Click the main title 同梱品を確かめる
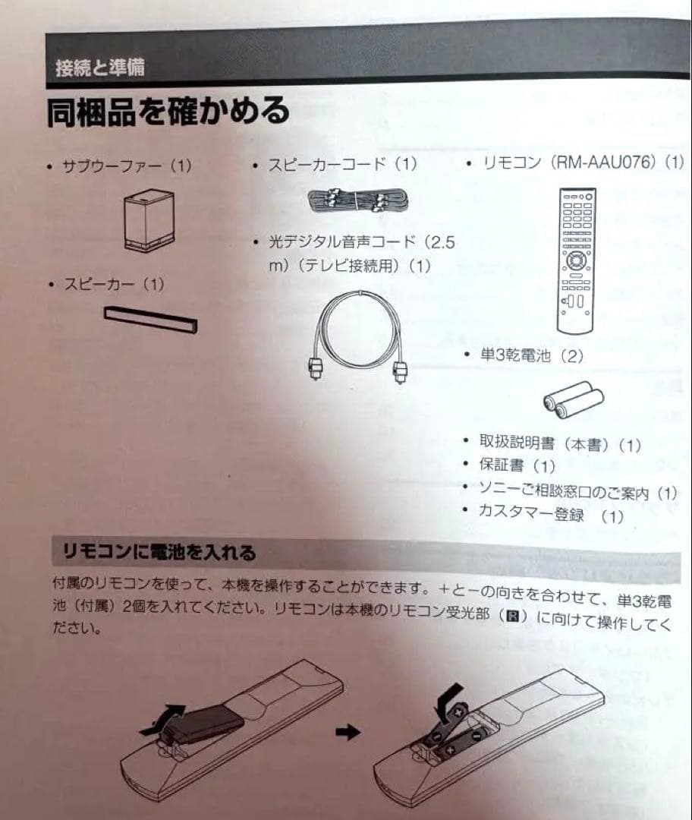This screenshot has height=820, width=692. tap(168, 112)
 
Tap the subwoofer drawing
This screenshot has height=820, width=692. tap(149, 220)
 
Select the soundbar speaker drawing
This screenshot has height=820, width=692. tap(150, 319)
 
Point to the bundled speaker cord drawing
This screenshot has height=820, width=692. tap(358, 200)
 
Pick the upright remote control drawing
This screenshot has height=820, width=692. tap(575, 260)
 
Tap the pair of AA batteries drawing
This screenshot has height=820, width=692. tap(574, 399)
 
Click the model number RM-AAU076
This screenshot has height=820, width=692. tap(605, 162)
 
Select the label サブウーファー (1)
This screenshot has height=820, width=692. tap(127, 166)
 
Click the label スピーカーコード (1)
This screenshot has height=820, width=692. tap(342, 165)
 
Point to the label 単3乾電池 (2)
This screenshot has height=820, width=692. tap(532, 356)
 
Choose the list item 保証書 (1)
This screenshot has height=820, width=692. tap(517, 465)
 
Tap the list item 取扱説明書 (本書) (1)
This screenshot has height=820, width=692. tap(560, 444)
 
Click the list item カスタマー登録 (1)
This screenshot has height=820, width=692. tap(552, 515)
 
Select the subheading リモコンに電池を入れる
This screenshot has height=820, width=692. tap(159, 552)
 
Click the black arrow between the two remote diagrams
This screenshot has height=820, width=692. tap(348, 731)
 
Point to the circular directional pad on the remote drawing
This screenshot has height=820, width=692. tap(575, 260)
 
